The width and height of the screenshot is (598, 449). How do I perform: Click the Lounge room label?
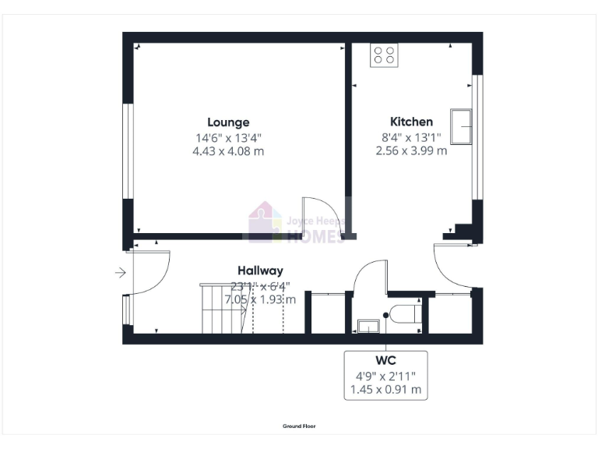(x=228, y=122)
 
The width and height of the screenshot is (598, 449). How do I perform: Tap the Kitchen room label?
(x=411, y=122)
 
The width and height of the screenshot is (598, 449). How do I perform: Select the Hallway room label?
(x=260, y=270)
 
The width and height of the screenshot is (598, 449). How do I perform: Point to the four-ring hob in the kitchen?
(x=383, y=54)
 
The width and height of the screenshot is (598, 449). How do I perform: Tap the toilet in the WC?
(x=406, y=315)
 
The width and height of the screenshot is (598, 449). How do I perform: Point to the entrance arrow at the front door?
(x=119, y=273)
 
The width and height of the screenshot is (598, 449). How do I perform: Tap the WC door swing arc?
(x=370, y=274)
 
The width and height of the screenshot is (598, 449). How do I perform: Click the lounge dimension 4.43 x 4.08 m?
(x=228, y=151)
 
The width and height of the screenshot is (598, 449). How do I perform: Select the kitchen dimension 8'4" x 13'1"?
(x=411, y=137)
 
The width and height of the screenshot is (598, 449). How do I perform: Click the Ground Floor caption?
(x=299, y=426)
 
